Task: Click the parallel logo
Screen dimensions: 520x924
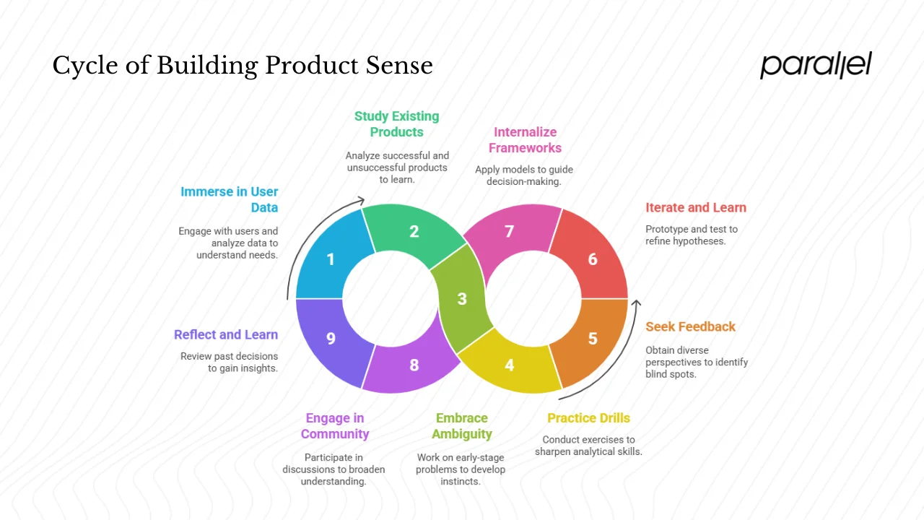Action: click(816, 65)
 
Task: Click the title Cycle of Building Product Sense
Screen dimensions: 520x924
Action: click(243, 66)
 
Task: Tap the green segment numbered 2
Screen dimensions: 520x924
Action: click(414, 232)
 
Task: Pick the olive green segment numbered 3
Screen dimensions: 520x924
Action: click(462, 298)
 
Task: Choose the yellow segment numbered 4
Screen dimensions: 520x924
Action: click(509, 365)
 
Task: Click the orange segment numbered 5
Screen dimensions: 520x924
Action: click(593, 338)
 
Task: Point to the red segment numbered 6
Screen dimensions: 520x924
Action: click(593, 259)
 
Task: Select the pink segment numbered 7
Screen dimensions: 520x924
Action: click(509, 232)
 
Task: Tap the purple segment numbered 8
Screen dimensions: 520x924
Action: click(414, 365)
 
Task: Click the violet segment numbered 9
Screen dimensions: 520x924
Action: click(330, 338)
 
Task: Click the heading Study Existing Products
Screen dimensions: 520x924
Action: click(396, 124)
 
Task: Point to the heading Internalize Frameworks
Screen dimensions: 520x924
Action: click(525, 140)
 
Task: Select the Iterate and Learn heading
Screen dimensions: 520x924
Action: click(696, 208)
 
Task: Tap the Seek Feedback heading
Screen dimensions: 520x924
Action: click(690, 327)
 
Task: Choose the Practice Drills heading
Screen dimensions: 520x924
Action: click(588, 418)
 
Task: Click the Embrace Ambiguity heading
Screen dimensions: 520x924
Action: click(462, 426)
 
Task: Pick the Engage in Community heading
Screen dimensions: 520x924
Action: click(335, 426)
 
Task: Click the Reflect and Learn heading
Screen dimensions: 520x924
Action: click(226, 335)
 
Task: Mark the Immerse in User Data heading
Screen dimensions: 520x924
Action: click(230, 200)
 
